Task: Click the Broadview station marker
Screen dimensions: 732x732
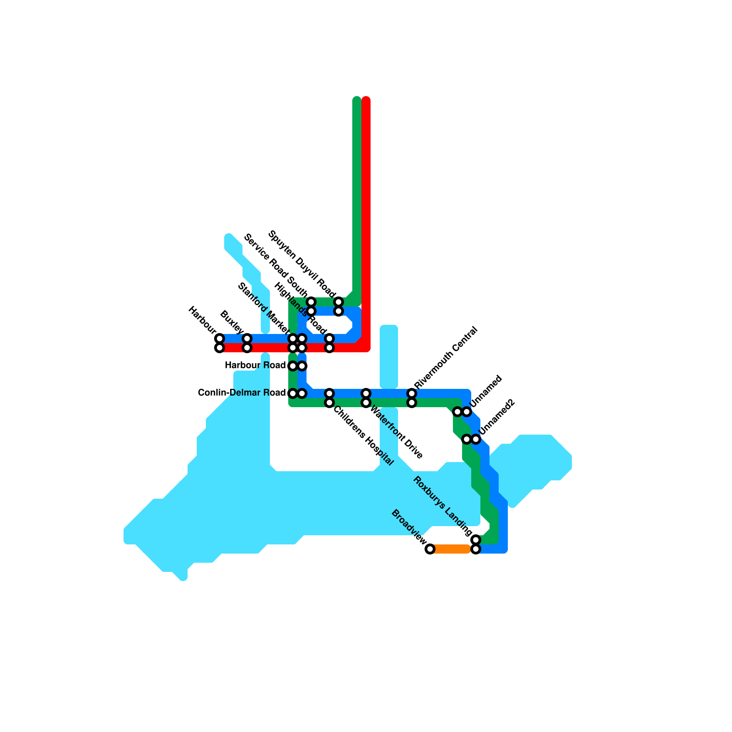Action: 430,549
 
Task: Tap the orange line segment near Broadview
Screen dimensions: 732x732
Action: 451,549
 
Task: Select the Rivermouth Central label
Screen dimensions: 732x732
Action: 446,358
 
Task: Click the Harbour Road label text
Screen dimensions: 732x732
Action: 255,366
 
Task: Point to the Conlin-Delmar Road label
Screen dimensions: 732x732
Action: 242,393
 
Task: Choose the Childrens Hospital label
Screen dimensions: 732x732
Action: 363,436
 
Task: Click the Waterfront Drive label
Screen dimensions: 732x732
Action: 396,432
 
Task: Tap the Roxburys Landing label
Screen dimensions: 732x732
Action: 442,506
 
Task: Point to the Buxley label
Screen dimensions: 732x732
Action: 232,322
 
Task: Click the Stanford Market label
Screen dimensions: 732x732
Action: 264,308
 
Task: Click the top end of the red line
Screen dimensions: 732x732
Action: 366,100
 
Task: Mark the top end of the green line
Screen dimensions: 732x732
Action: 357,100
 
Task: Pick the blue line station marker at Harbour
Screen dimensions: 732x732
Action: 220,339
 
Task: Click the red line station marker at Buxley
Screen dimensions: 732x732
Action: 247,348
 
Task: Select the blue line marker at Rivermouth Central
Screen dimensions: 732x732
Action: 412,393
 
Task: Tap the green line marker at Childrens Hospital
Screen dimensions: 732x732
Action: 329,403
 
